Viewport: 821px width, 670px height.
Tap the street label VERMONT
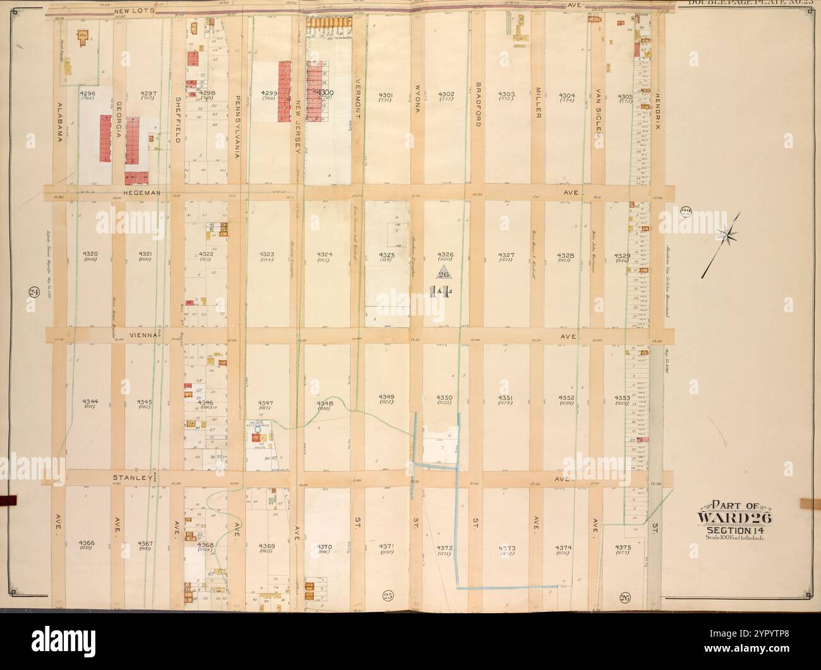point(357,103)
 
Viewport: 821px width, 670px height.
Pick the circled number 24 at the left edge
point(32,291)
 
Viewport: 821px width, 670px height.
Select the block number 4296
point(87,94)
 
